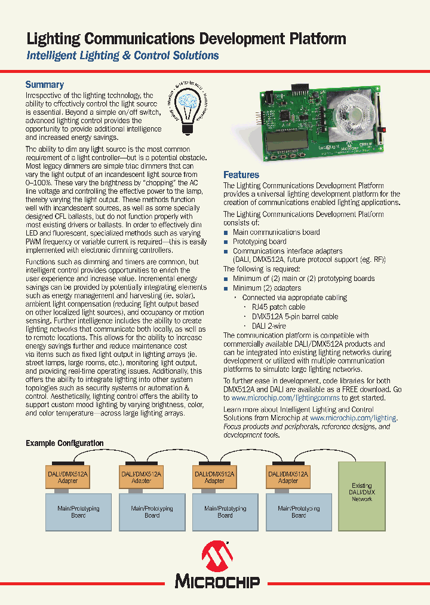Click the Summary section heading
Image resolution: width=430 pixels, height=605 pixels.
[44, 85]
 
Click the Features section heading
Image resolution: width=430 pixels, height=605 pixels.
[241, 175]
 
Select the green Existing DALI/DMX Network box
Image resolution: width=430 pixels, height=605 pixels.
[361, 491]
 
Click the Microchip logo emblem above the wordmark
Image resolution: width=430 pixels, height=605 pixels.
[216, 556]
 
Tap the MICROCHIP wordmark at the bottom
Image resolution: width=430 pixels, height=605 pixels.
[217, 580]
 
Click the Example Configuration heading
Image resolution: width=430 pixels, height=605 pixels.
[64, 443]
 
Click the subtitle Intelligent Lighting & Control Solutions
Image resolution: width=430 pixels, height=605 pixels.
[122, 56]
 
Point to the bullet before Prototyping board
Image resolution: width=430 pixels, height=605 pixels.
[226, 242]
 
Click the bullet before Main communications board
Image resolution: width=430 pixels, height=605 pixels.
[226, 233]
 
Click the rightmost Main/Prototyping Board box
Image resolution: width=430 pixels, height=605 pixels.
[299, 512]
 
